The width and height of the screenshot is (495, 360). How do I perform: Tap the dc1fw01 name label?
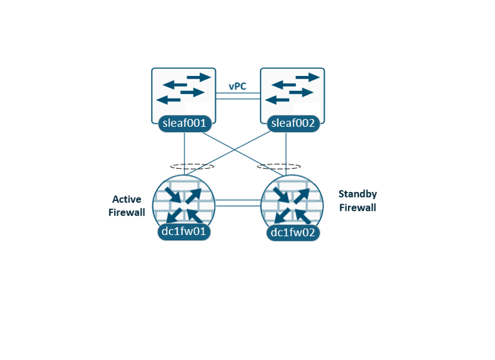184,231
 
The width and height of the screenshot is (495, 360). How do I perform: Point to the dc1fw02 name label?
292,232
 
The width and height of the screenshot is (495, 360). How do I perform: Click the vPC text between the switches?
237,86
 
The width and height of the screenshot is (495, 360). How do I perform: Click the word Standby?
357,194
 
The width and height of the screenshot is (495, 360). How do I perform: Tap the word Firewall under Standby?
357,208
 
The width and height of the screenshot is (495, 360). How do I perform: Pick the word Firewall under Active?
127,213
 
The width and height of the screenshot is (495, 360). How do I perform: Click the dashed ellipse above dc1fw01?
192,166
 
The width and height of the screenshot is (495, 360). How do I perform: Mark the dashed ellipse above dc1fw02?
280,166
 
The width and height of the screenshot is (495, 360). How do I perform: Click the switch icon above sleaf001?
184,89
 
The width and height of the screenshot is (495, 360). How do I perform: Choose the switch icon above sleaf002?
293,89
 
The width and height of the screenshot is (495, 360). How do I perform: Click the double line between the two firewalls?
238,203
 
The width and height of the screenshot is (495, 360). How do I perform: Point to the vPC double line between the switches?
238,96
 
